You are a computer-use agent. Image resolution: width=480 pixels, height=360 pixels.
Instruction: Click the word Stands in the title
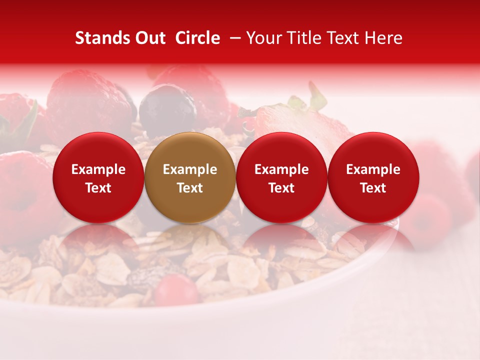click(x=103, y=38)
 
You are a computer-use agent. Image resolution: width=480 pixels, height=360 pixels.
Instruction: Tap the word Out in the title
click(x=150, y=38)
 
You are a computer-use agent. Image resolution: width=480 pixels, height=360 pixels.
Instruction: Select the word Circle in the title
click(x=197, y=38)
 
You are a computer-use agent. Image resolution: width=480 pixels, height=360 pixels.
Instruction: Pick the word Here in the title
click(x=384, y=38)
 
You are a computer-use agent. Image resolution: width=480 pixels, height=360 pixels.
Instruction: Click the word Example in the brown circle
click(x=190, y=169)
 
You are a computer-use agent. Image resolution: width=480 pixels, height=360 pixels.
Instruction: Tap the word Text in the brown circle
click(x=190, y=188)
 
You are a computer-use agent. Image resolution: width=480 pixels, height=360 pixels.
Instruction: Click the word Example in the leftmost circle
click(x=98, y=169)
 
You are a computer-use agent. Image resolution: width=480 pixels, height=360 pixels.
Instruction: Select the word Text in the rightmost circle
click(x=373, y=188)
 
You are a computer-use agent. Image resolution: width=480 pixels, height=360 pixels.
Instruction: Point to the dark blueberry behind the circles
click(x=167, y=107)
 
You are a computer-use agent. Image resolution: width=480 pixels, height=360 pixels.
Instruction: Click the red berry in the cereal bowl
click(x=175, y=290)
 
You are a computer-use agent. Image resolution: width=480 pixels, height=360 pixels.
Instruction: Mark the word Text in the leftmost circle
click(x=98, y=188)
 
